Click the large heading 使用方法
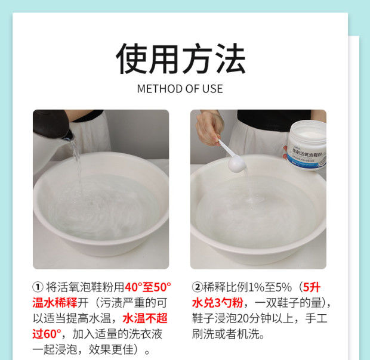click(181, 58)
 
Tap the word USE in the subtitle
click(212, 89)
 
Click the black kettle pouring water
click(53, 125)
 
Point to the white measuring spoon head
click(237, 163)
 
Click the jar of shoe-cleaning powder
click(306, 145)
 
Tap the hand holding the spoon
click(209, 128)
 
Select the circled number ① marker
click(38, 287)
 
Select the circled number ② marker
click(198, 287)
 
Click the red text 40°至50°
click(148, 287)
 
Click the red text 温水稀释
click(55, 303)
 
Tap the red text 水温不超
click(145, 318)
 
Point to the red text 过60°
click(47, 334)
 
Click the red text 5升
click(312, 287)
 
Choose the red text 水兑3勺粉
click(217, 303)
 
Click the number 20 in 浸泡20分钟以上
click(243, 318)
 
